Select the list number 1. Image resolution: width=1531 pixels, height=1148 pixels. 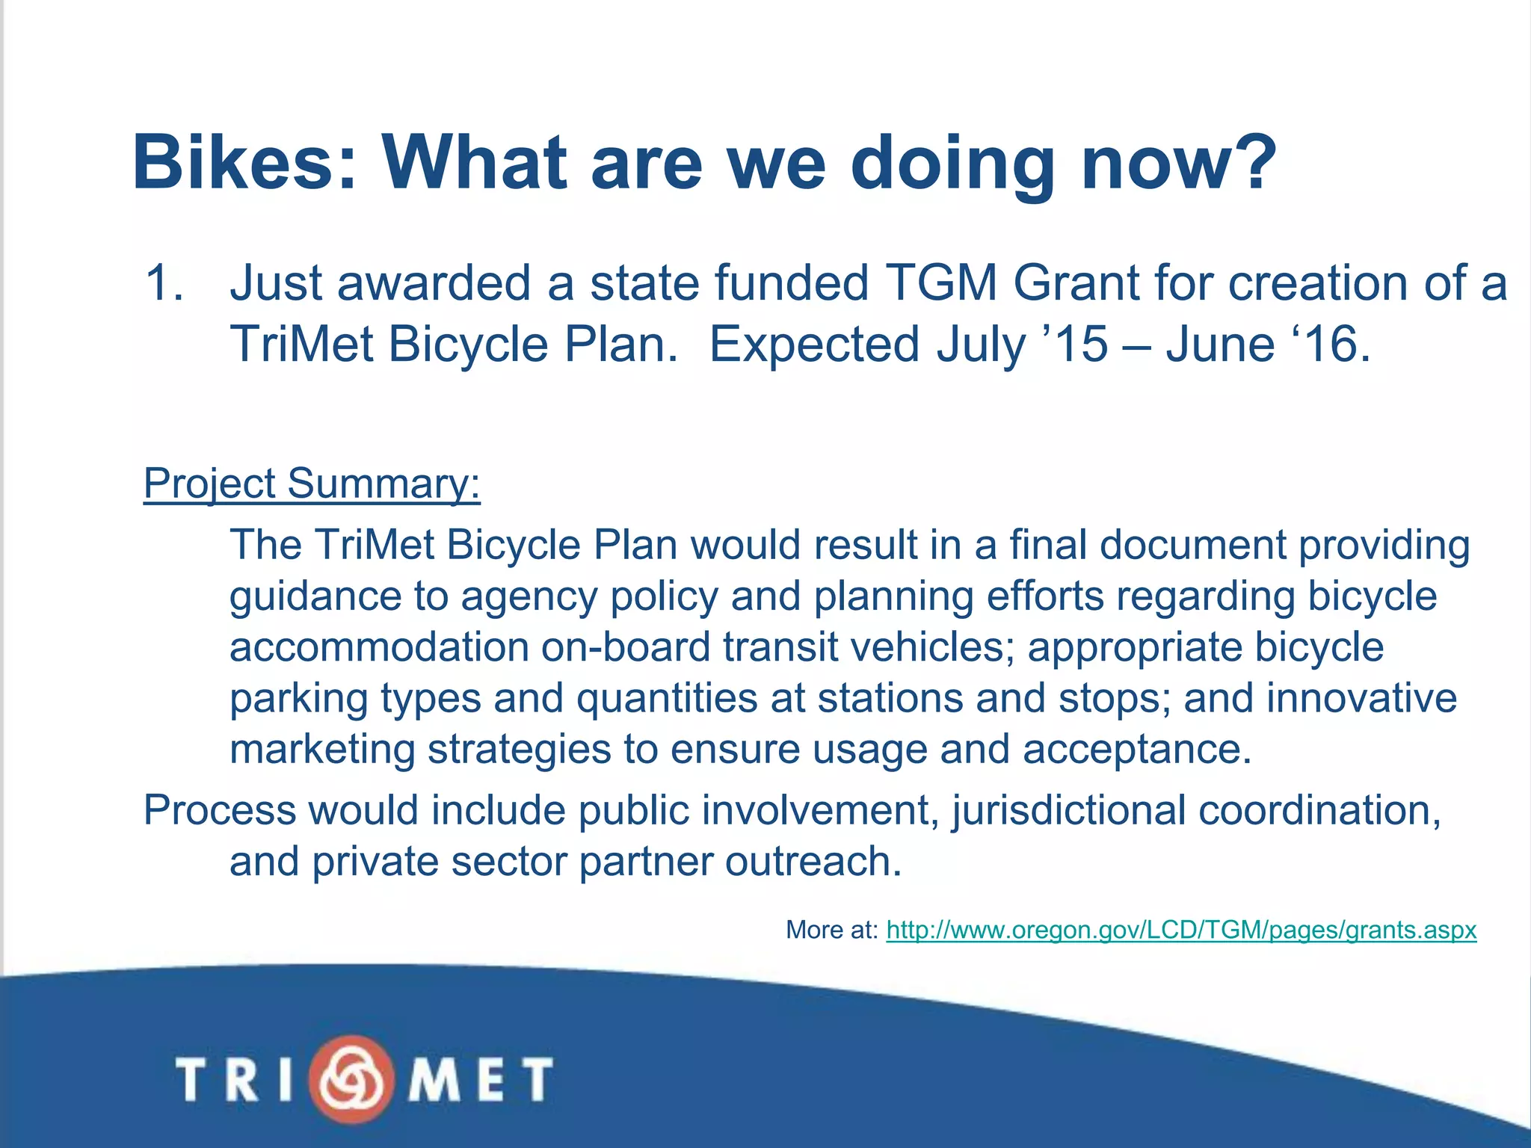(x=162, y=284)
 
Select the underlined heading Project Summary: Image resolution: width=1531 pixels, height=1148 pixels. (x=312, y=484)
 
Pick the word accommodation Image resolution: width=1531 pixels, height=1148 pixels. (x=378, y=646)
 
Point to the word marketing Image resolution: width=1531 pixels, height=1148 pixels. (x=321, y=750)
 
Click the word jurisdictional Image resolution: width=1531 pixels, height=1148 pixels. (x=1068, y=810)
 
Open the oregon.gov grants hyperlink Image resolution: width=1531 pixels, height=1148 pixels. (x=1181, y=930)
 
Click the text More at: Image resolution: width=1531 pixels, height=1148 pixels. (x=831, y=930)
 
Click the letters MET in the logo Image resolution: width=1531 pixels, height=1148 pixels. (x=478, y=1078)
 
